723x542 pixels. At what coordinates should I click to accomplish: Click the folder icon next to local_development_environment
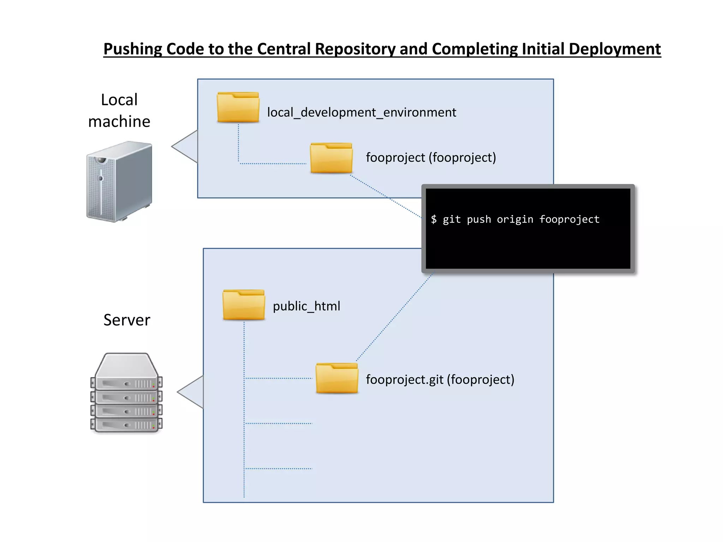click(x=238, y=108)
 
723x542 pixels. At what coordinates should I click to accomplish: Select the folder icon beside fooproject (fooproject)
click(x=331, y=158)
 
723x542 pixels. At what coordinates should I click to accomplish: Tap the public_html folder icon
click(x=244, y=305)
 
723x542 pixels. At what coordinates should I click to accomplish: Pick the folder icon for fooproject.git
click(x=337, y=378)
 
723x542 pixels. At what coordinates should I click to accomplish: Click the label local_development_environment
click(x=361, y=113)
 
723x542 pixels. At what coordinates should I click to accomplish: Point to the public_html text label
click(x=306, y=306)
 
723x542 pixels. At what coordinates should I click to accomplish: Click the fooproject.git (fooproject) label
click(x=440, y=380)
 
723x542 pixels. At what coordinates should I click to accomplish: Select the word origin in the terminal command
click(x=515, y=219)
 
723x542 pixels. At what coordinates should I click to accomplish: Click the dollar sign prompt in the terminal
click(x=434, y=219)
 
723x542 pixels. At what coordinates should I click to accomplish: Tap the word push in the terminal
click(x=479, y=219)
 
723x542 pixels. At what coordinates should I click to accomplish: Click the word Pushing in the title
click(x=132, y=49)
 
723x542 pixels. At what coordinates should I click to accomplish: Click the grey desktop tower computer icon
click(x=119, y=181)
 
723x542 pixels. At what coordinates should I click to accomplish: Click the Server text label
click(x=127, y=320)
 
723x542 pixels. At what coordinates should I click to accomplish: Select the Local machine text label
click(x=119, y=110)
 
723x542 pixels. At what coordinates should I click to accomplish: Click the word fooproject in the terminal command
click(x=569, y=219)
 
